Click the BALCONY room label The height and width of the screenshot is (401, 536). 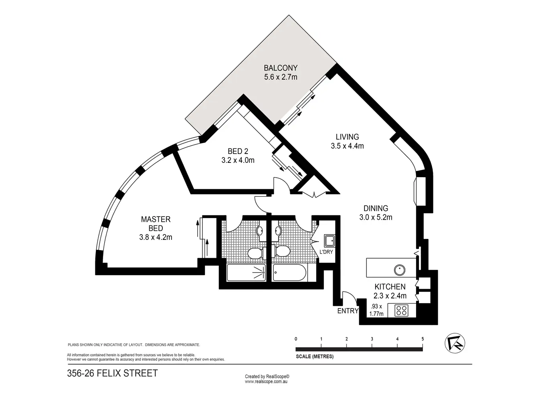point(281,68)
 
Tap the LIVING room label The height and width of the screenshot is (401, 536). point(347,137)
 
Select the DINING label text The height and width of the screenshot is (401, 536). point(376,208)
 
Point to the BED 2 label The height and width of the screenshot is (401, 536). point(238,151)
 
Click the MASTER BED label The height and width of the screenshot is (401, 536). point(156,224)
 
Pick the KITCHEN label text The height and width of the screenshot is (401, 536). point(390,287)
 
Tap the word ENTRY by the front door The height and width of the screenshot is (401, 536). point(348,311)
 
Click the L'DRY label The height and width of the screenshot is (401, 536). point(326,252)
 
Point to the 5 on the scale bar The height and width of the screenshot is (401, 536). point(423,339)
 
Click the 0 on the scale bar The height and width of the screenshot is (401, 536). point(296,339)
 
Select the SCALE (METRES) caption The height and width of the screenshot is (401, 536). point(314,356)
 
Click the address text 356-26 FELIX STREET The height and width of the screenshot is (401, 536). point(112,373)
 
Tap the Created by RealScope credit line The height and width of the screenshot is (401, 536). point(267,377)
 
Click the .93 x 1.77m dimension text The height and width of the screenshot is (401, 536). point(376,310)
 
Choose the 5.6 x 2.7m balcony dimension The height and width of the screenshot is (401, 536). point(281,77)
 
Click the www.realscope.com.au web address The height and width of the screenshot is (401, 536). point(267,382)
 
